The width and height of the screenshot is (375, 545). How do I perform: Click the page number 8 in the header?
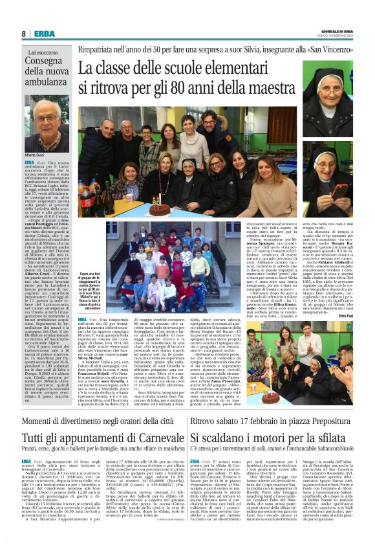[x=23, y=34]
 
